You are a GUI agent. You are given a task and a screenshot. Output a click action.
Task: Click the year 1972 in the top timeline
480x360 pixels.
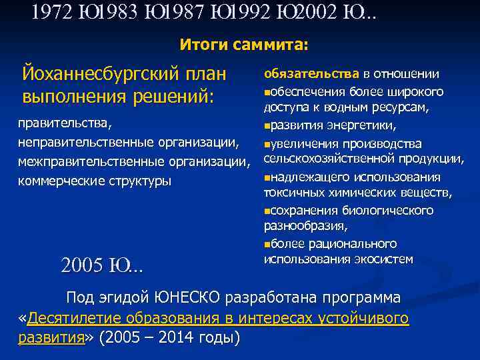coord(52,13)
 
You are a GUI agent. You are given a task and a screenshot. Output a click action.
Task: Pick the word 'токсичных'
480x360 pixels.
coord(293,193)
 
